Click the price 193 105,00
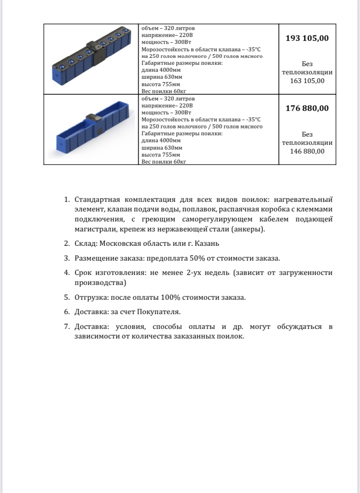(x=307, y=38)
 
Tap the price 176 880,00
(x=307, y=108)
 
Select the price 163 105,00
(x=307, y=81)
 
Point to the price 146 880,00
(x=307, y=151)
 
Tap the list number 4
(x=67, y=273)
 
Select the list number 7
(x=67, y=326)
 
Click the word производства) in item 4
(x=100, y=283)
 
